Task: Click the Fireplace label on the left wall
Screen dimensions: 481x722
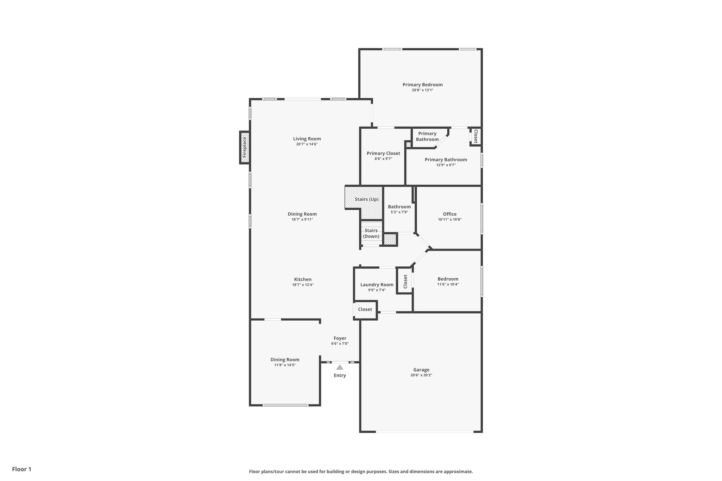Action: click(244, 147)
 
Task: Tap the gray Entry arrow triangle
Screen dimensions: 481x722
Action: click(339, 367)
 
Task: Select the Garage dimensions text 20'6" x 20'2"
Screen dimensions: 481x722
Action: click(421, 375)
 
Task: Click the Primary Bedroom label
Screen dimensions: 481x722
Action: click(422, 85)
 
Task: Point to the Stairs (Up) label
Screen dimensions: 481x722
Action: click(367, 199)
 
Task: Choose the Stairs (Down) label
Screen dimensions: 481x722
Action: click(371, 233)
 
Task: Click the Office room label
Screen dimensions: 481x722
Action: click(449, 214)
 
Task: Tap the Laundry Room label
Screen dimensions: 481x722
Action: click(377, 285)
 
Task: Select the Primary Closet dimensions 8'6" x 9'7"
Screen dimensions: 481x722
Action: click(383, 159)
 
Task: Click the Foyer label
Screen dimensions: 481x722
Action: click(340, 338)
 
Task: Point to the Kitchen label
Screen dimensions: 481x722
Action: click(302, 279)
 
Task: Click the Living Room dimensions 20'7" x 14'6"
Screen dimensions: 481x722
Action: click(307, 144)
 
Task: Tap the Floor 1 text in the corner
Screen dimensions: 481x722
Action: click(22, 469)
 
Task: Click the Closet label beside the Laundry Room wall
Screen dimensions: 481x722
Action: click(365, 309)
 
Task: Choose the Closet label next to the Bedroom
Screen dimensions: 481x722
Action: click(405, 281)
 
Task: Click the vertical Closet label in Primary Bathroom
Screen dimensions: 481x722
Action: click(475, 136)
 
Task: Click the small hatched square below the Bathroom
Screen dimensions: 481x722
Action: click(390, 240)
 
